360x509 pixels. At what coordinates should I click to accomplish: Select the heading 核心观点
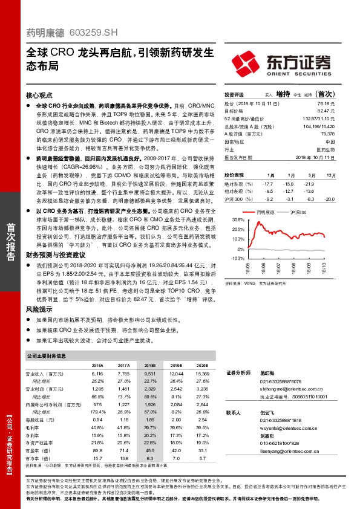click(40, 96)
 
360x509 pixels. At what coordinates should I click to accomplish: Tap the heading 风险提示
click(40, 308)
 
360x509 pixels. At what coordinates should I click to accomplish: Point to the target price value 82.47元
click(325, 111)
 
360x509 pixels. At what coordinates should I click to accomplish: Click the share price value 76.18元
click(325, 104)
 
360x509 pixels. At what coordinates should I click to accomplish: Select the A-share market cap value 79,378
click(326, 134)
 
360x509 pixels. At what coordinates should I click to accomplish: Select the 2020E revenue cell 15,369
click(202, 375)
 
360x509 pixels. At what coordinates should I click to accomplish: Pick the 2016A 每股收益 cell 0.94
click(97, 420)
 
